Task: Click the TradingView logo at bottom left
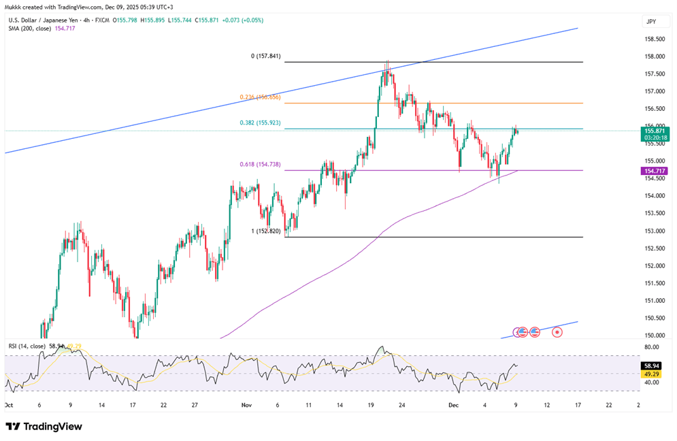pos(44,427)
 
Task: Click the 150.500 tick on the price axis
pos(654,318)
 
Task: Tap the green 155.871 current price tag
pos(655,131)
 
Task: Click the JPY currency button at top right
pos(650,22)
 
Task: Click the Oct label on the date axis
pos(8,404)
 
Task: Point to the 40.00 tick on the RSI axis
pos(653,382)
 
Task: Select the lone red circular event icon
pos(557,332)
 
